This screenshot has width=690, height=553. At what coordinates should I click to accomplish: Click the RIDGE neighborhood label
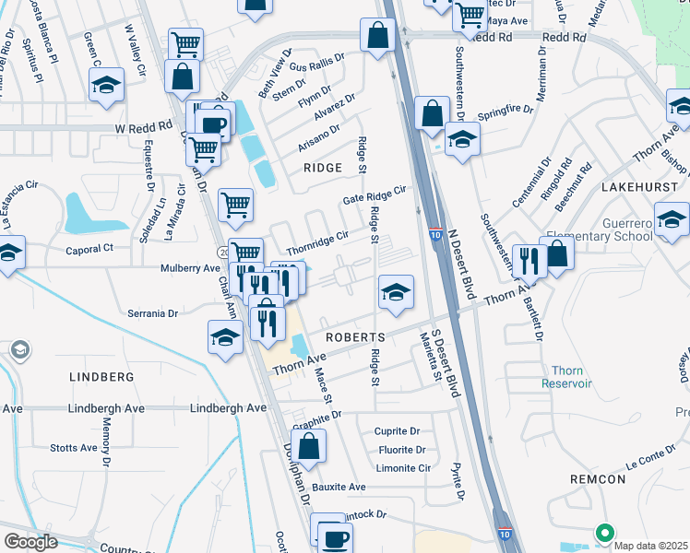point(323,168)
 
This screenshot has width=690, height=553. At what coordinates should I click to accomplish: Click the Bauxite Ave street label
point(339,487)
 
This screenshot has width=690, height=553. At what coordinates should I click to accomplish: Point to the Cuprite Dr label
point(397,431)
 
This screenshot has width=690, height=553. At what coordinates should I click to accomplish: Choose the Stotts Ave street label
point(74,448)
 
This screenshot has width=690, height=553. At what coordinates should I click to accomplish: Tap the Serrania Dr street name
point(153,313)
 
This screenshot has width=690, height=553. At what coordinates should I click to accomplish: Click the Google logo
point(30,542)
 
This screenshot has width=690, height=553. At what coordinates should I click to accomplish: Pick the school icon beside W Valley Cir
point(107,85)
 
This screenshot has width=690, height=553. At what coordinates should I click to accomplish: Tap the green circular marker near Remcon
point(605,532)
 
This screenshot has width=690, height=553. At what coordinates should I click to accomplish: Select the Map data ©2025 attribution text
point(651,546)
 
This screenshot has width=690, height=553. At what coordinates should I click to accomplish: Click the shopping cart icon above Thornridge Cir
point(235,205)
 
